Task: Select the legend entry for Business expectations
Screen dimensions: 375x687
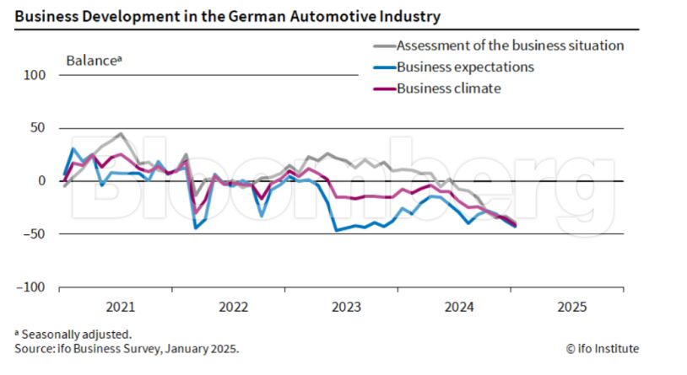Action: point(464,67)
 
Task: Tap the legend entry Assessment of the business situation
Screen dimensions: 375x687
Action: point(509,46)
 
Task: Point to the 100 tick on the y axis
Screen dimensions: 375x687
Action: point(35,75)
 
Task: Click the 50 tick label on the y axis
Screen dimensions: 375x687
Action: point(38,128)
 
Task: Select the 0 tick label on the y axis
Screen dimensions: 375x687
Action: point(41,181)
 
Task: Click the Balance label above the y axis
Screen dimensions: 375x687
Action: point(94,61)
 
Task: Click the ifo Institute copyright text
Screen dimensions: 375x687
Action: point(602,349)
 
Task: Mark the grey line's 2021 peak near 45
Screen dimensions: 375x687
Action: point(121,133)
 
